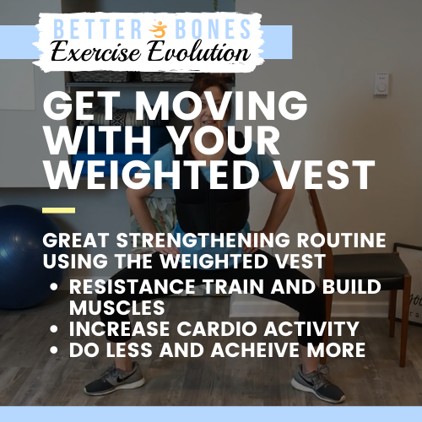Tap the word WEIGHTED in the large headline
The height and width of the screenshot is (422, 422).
[x=153, y=175]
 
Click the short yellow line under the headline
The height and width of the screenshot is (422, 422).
[x=58, y=210]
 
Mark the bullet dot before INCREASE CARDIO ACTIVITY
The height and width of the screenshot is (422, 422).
[x=55, y=327]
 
